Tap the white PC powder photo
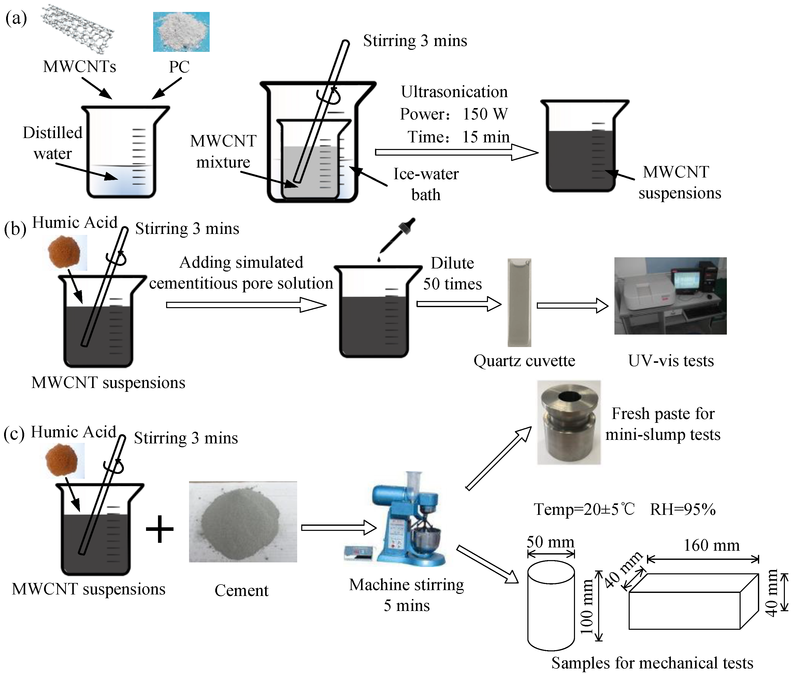[181, 32]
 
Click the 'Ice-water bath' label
[426, 184]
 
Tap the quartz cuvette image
[519, 302]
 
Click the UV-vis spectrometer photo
[670, 296]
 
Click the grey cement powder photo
[243, 521]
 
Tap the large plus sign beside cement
[160, 529]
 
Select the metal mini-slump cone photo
[569, 423]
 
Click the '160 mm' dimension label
[711, 545]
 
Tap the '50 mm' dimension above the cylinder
[550, 542]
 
